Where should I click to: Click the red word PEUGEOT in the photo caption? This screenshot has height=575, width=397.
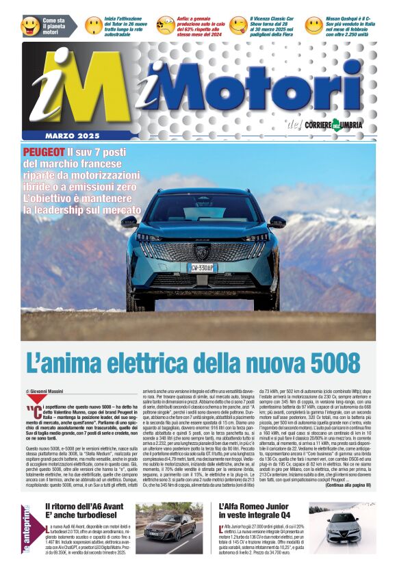(44, 152)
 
